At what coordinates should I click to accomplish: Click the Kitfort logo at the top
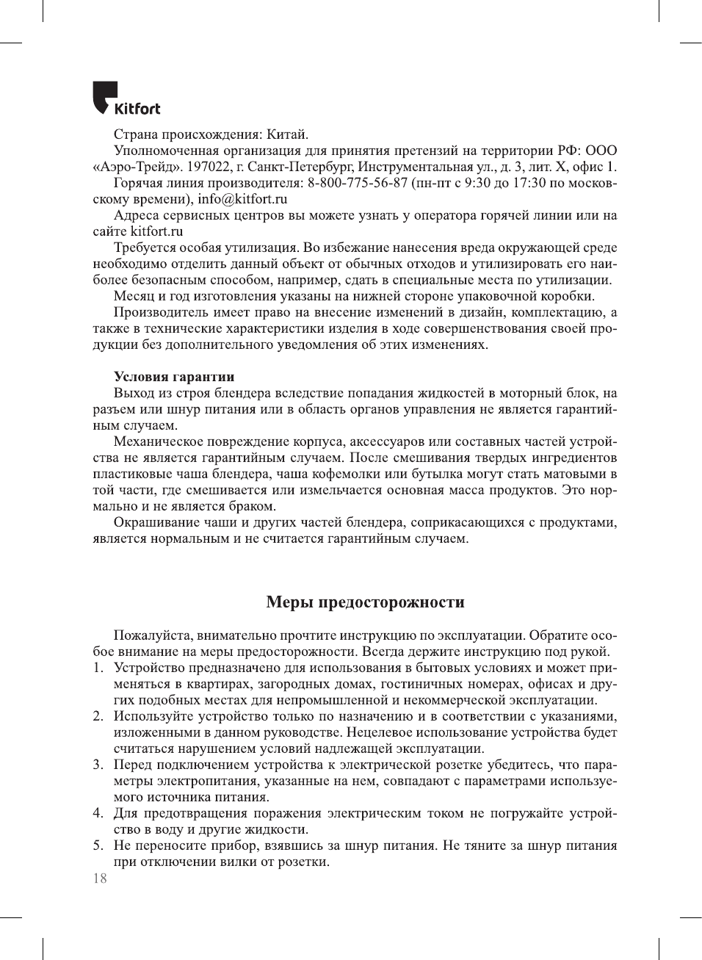[x=126, y=99]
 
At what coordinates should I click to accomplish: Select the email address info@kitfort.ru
[x=242, y=199]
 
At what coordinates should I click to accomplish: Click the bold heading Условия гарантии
[x=174, y=377]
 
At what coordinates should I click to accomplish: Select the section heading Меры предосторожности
[x=365, y=602]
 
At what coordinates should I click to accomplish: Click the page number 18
[x=100, y=878]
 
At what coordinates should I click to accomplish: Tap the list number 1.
[x=98, y=668]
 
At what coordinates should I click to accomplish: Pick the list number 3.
[x=98, y=765]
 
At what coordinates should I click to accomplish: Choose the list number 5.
[x=98, y=845]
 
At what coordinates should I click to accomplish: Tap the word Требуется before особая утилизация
[x=148, y=248]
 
